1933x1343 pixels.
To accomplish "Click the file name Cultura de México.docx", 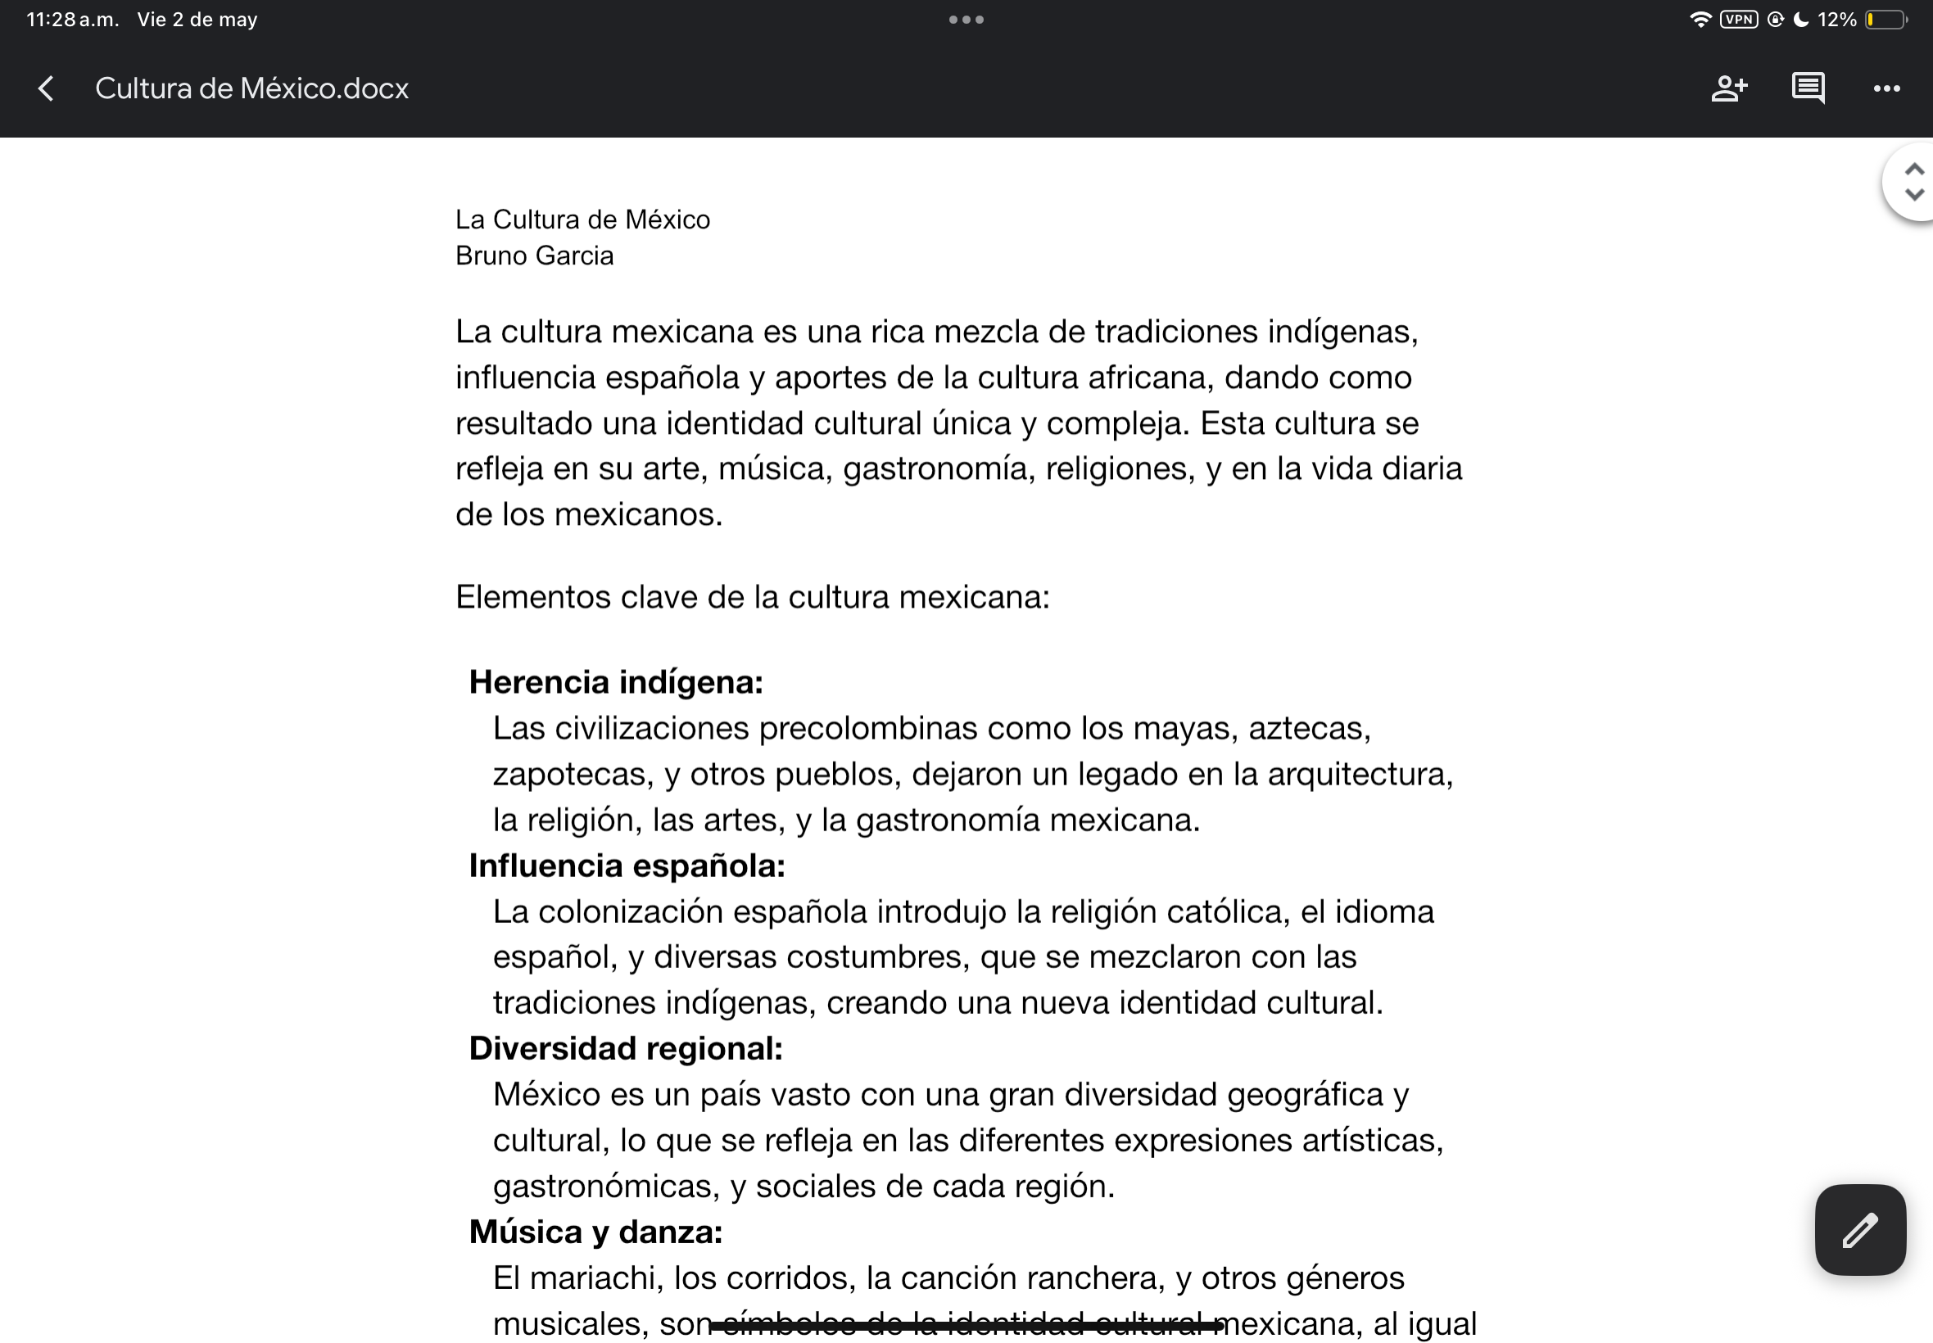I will click(x=251, y=88).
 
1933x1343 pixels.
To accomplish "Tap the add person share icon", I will click(x=1729, y=88).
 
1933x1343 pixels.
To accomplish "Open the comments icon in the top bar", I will click(x=1808, y=88).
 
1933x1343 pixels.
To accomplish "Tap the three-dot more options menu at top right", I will click(x=1885, y=88).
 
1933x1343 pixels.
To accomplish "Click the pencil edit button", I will click(x=1860, y=1229).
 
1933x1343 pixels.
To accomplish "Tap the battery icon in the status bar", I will click(x=1885, y=20).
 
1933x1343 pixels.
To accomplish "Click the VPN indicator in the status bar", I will click(x=1739, y=20).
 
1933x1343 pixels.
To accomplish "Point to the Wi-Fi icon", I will click(x=1700, y=20).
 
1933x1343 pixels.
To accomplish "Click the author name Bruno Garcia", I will click(x=534, y=255).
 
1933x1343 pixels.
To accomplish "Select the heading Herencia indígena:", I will click(x=616, y=682).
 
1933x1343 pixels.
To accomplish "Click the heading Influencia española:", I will click(x=627, y=866).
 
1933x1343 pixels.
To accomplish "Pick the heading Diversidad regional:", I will click(x=625, y=1048).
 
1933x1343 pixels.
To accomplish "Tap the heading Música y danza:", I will click(x=595, y=1232).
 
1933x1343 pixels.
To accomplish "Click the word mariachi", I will click(x=595, y=1278).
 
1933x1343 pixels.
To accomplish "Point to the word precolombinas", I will click(x=867, y=729).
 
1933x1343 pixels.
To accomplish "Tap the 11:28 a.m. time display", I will click(x=72, y=20).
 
